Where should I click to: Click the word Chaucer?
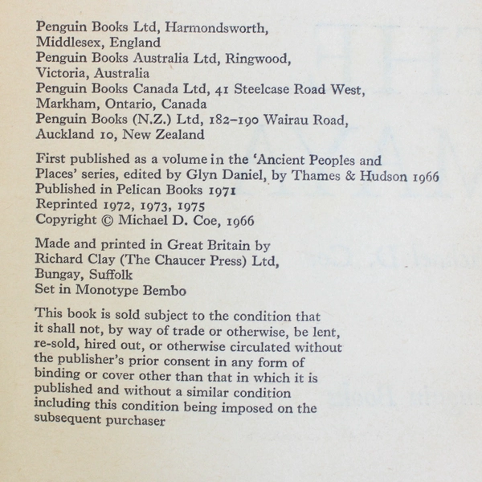tap(180, 259)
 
